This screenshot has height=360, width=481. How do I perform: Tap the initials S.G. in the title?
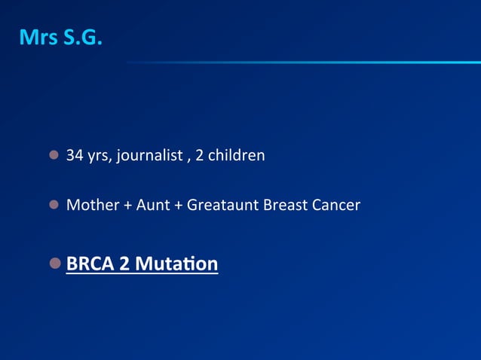[x=84, y=38]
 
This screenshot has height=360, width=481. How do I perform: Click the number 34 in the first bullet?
[x=75, y=156]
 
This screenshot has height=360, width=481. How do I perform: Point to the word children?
[x=236, y=156]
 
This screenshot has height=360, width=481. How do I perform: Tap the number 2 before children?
[x=199, y=156]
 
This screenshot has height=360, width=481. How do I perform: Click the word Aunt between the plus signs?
[x=153, y=204]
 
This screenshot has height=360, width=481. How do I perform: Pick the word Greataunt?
[x=222, y=204]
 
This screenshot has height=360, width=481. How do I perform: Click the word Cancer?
[x=335, y=204]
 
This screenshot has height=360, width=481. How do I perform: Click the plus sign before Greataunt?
[x=178, y=205]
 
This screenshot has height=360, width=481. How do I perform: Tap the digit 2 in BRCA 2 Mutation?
[x=124, y=264]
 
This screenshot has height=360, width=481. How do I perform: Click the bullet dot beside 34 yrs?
[x=54, y=156]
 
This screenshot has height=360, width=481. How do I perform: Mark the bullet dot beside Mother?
[x=54, y=204]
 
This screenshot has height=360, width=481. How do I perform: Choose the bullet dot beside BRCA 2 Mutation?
[x=56, y=264]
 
